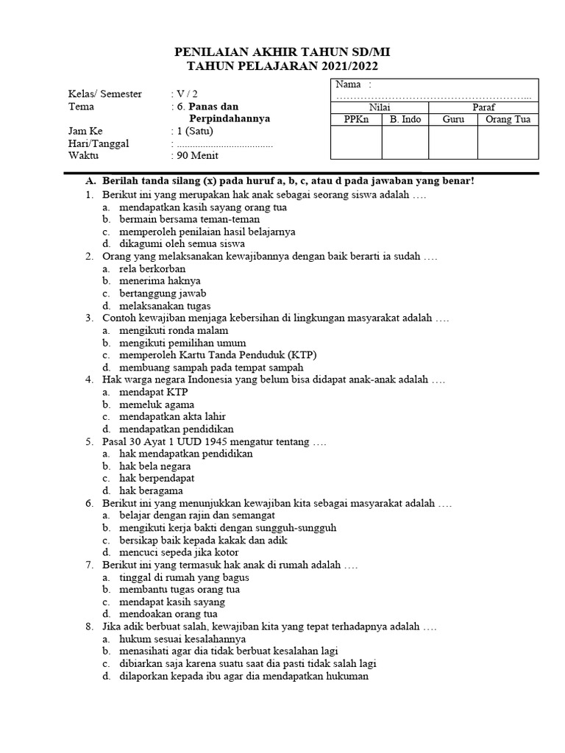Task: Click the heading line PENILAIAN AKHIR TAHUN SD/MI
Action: tap(282, 52)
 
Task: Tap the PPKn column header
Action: tap(356, 120)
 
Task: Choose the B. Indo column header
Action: tap(405, 120)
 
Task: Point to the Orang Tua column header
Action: tap(508, 120)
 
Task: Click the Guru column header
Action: tap(453, 120)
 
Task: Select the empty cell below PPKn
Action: tap(356, 143)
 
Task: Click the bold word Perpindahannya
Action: tap(230, 118)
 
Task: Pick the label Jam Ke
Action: tap(86, 131)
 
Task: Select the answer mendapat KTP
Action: tap(154, 393)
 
